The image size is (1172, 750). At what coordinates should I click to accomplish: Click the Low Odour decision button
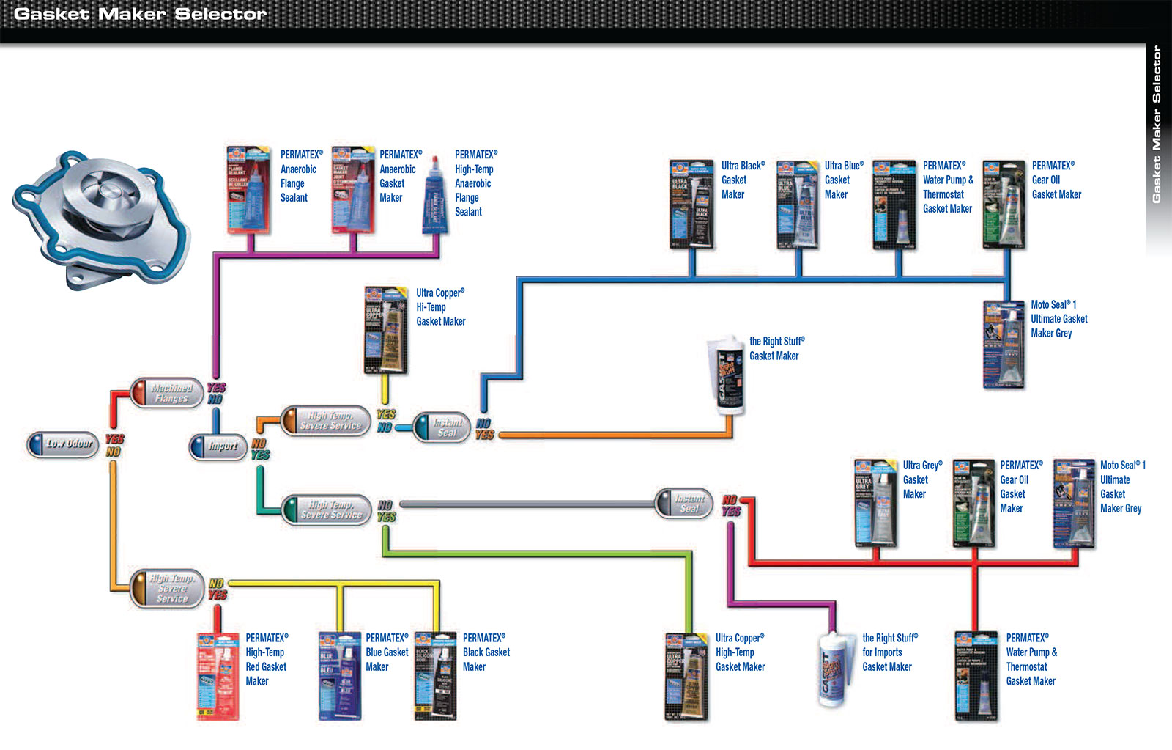tap(63, 444)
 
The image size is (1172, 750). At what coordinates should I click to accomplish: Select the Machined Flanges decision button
tap(166, 393)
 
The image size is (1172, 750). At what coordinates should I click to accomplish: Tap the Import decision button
tap(218, 446)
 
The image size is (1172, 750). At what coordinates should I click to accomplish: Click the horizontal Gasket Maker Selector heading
tap(140, 14)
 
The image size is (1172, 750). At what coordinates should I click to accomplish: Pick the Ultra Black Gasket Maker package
tap(691, 203)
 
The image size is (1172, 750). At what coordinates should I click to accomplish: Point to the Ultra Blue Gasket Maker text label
tap(843, 180)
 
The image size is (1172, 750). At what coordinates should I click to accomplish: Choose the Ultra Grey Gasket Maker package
tap(875, 503)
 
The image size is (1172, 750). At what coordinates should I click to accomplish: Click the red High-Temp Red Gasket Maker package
tap(218, 675)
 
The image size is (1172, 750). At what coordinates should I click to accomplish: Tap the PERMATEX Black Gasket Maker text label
tap(486, 652)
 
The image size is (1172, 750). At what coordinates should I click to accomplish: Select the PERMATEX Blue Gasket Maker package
tap(340, 675)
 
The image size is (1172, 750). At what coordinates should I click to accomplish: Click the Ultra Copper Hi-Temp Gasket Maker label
tap(440, 307)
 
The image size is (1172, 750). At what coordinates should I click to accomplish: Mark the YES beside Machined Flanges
tap(216, 388)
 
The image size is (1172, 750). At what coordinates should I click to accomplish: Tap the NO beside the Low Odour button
tap(113, 452)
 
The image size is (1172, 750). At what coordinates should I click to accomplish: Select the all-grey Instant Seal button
tap(683, 504)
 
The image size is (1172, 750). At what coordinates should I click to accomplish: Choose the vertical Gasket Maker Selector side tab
tap(1157, 125)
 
